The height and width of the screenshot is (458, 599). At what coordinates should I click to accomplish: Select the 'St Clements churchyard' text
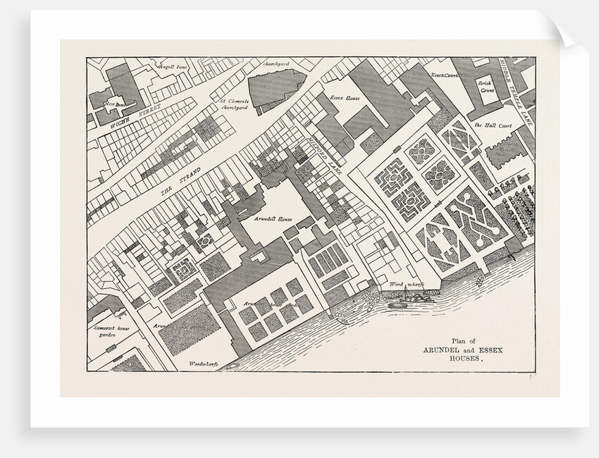coord(229,105)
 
